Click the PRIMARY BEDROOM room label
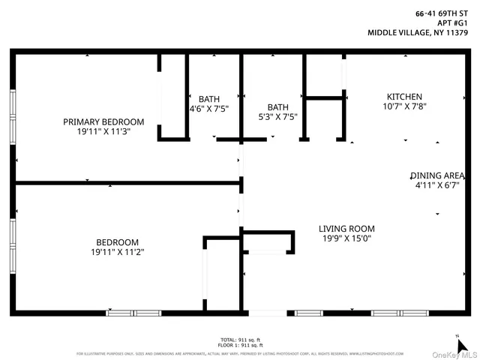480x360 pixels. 103,121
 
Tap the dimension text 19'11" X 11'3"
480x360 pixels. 103,132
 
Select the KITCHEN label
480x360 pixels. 404,97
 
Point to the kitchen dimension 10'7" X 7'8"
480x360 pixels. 404,106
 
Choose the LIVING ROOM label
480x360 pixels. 346,229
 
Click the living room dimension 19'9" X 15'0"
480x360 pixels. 346,238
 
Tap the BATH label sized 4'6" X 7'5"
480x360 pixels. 209,98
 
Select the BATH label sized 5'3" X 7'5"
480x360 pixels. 277,107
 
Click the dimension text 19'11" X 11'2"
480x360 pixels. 118,252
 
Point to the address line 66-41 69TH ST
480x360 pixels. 447,13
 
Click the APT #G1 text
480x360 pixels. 454,22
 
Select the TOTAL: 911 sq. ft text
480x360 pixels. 240,340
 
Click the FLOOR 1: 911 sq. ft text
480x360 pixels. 240,345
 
